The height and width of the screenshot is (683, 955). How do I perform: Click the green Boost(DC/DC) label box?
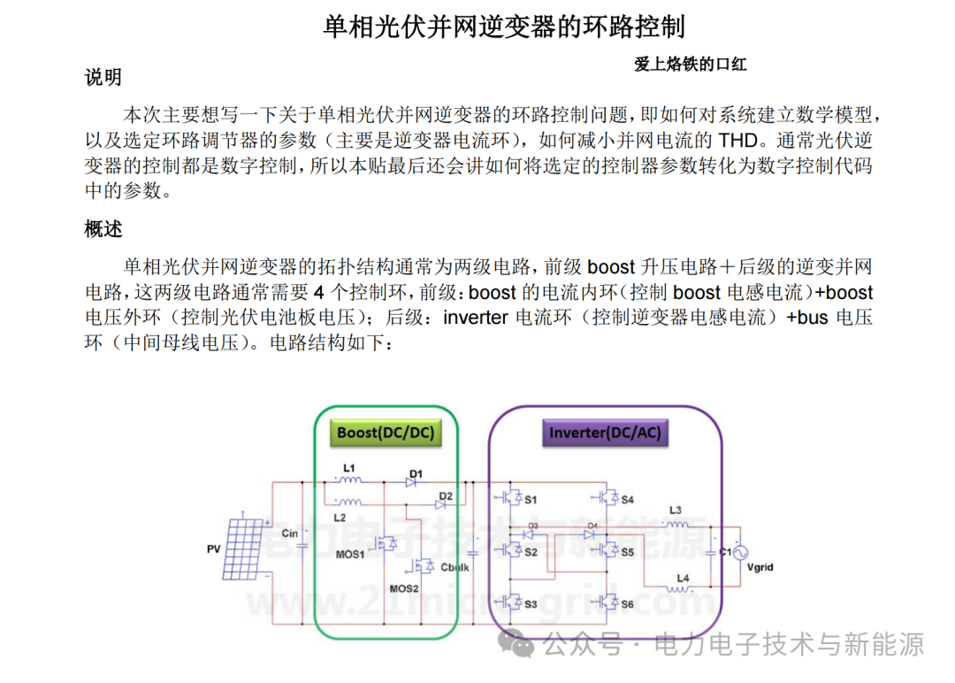pyautogui.click(x=386, y=433)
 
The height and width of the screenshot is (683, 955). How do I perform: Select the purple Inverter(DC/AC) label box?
pyautogui.click(x=605, y=433)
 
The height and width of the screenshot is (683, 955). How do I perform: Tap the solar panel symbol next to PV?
pyautogui.click(x=245, y=549)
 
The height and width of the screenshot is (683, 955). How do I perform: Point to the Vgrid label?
pyautogui.click(x=760, y=567)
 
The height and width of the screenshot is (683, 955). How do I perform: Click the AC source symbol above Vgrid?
pyautogui.click(x=740, y=553)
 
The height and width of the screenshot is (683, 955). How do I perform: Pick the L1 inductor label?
pyautogui.click(x=349, y=468)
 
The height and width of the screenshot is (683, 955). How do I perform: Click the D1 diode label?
pyautogui.click(x=416, y=473)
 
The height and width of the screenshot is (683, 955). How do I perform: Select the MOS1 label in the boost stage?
pyautogui.click(x=350, y=555)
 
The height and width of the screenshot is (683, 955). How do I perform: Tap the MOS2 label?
pyautogui.click(x=404, y=588)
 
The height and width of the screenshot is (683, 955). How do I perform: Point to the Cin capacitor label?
pyautogui.click(x=290, y=533)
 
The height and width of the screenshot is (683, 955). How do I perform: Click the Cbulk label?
pyautogui.click(x=455, y=567)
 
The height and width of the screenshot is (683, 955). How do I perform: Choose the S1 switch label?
pyautogui.click(x=531, y=500)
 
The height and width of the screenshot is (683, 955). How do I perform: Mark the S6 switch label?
pyautogui.click(x=627, y=603)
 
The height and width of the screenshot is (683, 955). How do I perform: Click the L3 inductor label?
pyautogui.click(x=676, y=510)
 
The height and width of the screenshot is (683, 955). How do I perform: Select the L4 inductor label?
pyautogui.click(x=683, y=578)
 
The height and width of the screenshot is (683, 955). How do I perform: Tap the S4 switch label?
pyautogui.click(x=627, y=500)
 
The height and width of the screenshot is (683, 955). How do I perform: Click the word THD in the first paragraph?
pyautogui.click(x=738, y=140)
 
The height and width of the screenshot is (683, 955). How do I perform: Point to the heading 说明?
pyautogui.click(x=103, y=77)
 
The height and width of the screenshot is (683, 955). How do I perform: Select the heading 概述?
pyautogui.click(x=103, y=229)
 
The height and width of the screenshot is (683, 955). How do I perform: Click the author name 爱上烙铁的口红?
pyautogui.click(x=690, y=64)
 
